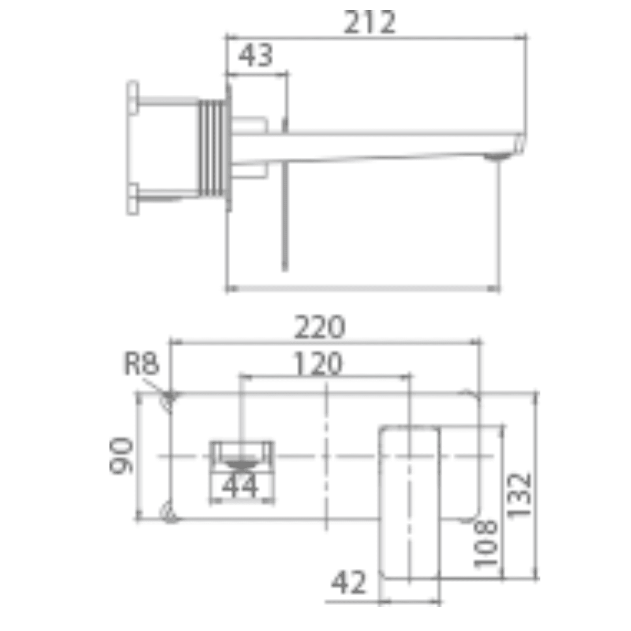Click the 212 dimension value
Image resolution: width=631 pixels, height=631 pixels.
[x=370, y=22]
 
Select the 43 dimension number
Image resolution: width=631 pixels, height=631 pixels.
[x=256, y=56]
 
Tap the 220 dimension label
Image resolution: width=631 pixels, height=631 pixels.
[x=319, y=327]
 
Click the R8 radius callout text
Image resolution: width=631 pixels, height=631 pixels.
[x=142, y=363]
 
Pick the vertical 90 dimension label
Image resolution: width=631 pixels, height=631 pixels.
[x=121, y=456]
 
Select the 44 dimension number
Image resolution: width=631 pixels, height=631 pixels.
[x=240, y=486]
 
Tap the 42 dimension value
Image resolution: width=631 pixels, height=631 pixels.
[x=349, y=582]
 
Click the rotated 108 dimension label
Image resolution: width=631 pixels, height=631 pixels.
[x=485, y=544]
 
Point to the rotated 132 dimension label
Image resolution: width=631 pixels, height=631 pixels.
[x=519, y=495]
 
